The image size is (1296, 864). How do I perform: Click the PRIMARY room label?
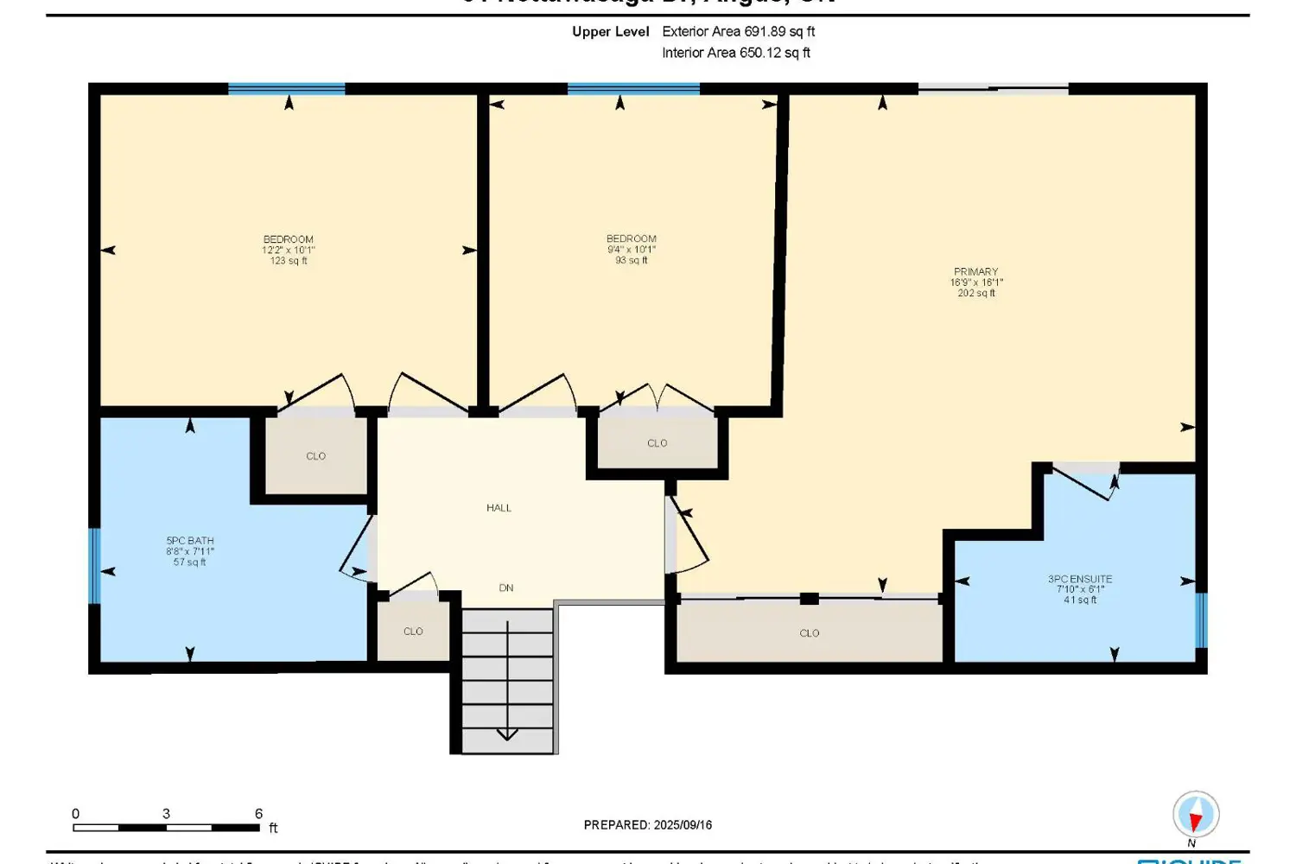click(x=975, y=271)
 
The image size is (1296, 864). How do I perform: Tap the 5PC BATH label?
click(x=190, y=541)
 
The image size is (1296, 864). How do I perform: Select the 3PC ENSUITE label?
click(x=1080, y=579)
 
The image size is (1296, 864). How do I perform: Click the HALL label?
click(x=499, y=508)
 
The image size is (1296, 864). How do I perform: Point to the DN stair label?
click(x=506, y=588)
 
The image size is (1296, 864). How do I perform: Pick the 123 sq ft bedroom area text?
click(x=289, y=261)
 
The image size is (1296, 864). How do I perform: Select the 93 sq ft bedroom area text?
click(x=632, y=260)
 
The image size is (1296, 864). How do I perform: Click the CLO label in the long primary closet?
click(x=810, y=633)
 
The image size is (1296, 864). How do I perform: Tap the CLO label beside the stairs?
click(x=413, y=632)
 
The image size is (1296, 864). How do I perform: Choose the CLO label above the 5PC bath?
click(x=316, y=456)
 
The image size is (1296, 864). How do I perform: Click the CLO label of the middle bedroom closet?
click(x=658, y=443)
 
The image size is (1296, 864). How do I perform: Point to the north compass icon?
click(x=1196, y=814)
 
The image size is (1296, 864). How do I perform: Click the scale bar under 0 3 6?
click(x=166, y=828)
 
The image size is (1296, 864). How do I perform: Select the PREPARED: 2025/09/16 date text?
click(x=648, y=825)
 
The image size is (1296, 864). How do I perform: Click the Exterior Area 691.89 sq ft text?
click(x=739, y=32)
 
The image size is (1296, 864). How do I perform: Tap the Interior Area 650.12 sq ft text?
click(x=736, y=53)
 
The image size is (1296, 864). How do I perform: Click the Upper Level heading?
click(x=610, y=32)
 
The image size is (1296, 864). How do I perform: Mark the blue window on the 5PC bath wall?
click(x=95, y=566)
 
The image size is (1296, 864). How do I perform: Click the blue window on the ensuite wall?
click(x=1200, y=619)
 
